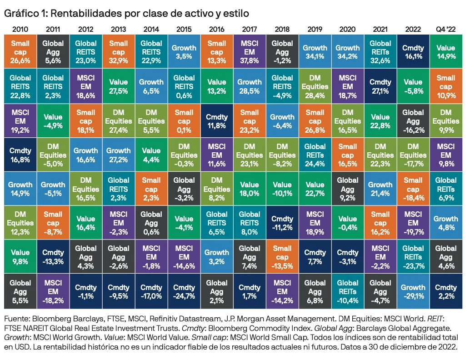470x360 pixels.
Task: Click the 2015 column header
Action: [184, 30]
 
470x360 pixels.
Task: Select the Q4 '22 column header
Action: [445, 30]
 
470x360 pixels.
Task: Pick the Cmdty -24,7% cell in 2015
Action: [184, 291]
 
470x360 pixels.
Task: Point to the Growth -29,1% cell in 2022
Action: [413, 291]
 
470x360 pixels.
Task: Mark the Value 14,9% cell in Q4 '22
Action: [446, 51]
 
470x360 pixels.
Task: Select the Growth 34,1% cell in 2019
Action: [315, 51]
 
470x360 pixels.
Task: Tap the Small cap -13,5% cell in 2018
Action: [282, 257]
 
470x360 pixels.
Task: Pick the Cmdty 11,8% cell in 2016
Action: [217, 120]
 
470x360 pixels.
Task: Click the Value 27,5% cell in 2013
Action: [119, 86]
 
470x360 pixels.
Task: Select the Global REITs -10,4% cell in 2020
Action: [348, 291]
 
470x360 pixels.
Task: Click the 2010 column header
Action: [20, 30]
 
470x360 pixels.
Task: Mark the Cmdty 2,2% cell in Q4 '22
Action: [446, 291]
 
